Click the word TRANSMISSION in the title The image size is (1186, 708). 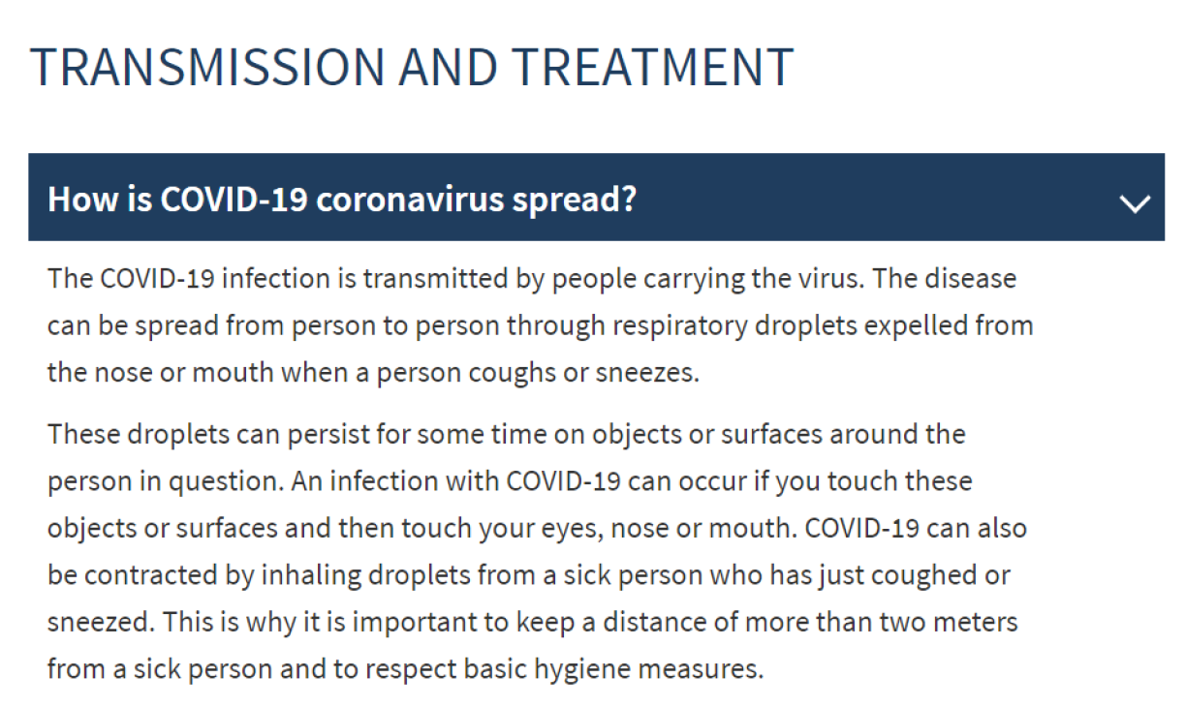coord(207,67)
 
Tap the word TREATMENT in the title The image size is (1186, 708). coord(652,67)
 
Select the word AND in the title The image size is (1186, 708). coord(448,67)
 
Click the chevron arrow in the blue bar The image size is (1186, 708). coord(1135,203)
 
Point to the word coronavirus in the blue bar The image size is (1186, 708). coord(410,200)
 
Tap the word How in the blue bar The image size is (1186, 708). coord(82,200)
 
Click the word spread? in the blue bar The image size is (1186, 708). coord(574,201)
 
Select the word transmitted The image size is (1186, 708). coord(435,278)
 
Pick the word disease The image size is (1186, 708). coord(971,278)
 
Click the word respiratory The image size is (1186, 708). coord(680,326)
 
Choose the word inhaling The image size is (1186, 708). coord(311,576)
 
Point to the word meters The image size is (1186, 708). coord(976,623)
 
